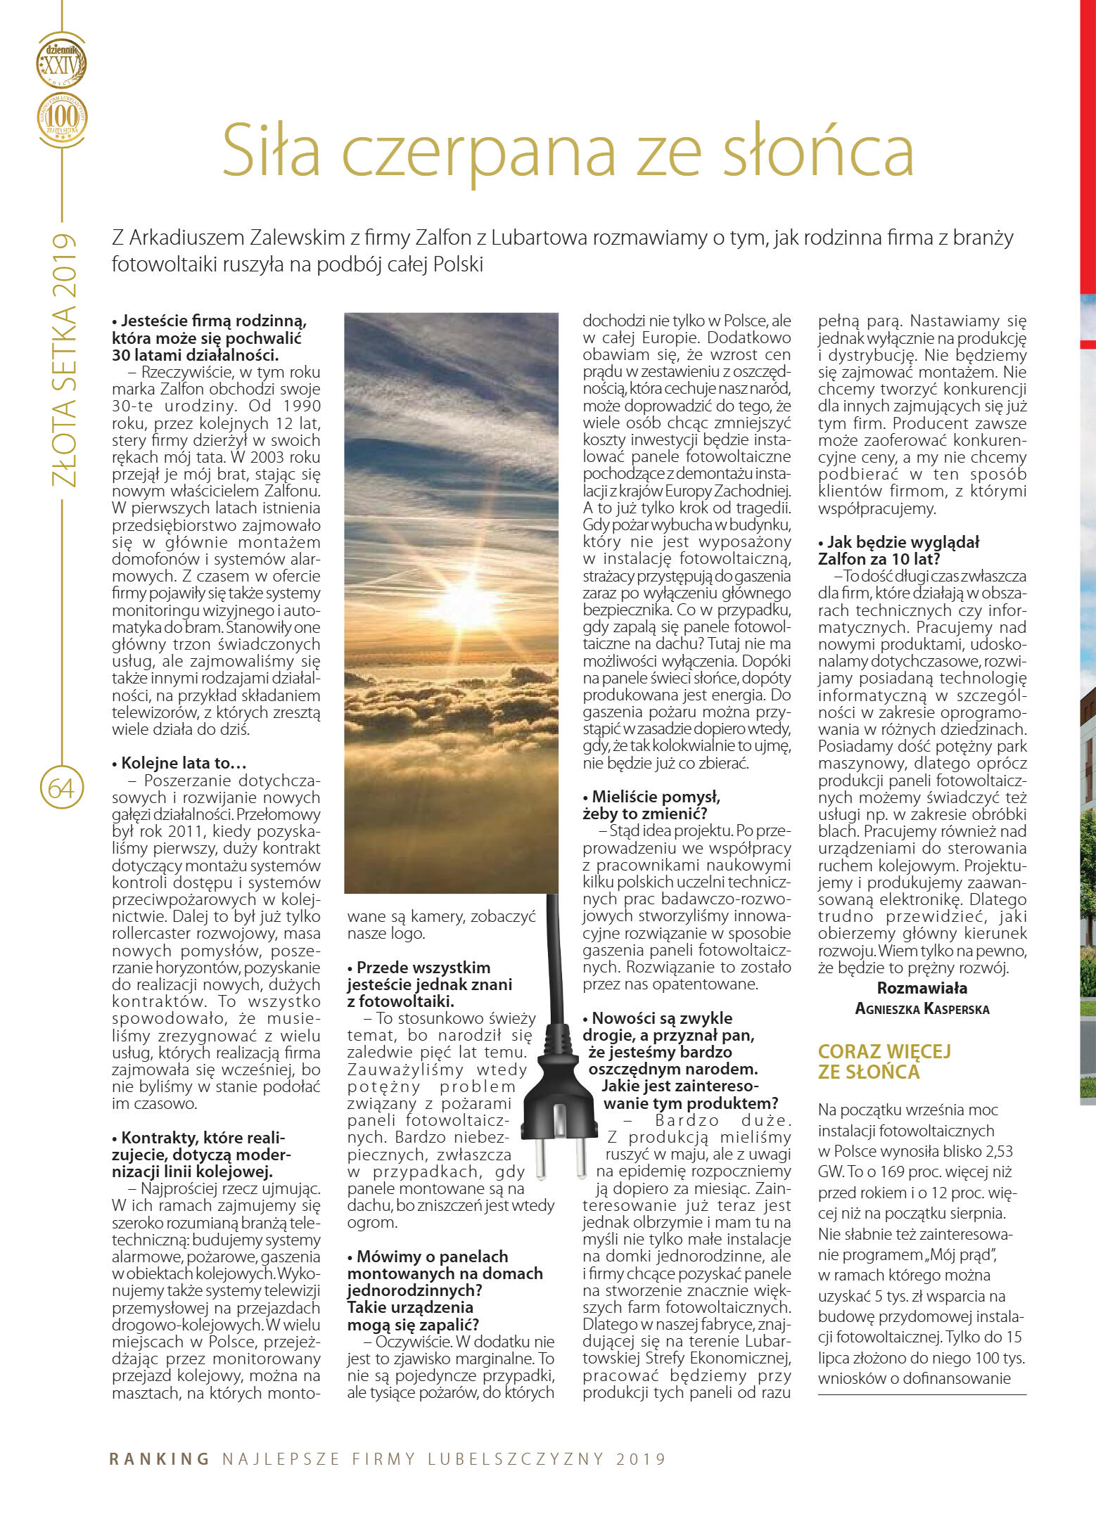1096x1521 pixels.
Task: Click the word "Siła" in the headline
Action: pyautogui.click(x=272, y=150)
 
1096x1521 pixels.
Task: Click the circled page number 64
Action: pyautogui.click(x=61, y=788)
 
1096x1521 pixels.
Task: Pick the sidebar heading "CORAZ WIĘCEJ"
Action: pyautogui.click(x=884, y=1051)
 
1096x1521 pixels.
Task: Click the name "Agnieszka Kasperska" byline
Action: pyautogui.click(x=922, y=1009)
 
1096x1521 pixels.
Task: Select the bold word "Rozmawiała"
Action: pyautogui.click(x=922, y=988)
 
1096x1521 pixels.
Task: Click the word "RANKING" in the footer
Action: pyautogui.click(x=160, y=1459)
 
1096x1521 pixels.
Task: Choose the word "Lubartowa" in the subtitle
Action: pyautogui.click(x=538, y=238)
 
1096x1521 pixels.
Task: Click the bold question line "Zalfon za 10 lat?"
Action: pyautogui.click(x=879, y=559)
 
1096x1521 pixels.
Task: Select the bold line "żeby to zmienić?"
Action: pyautogui.click(x=644, y=814)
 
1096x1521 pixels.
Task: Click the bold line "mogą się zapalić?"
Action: pyautogui.click(x=413, y=1325)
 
